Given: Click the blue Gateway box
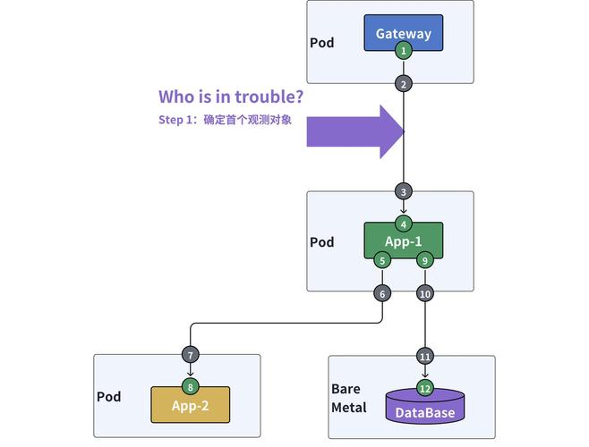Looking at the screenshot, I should (403, 33).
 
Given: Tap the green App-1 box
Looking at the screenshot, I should (403, 241).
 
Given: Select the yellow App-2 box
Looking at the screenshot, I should (190, 405).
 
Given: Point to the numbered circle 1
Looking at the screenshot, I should (404, 51).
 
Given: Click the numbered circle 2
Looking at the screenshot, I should (404, 84).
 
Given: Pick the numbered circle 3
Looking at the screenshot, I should (404, 191).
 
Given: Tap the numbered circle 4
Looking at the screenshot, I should (404, 224).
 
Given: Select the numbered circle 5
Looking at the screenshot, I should (382, 260).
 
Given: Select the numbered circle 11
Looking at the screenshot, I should (425, 356).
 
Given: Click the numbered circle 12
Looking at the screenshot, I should (425, 388).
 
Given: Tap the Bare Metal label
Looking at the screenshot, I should (349, 399).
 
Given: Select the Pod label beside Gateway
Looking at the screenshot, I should (322, 43).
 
